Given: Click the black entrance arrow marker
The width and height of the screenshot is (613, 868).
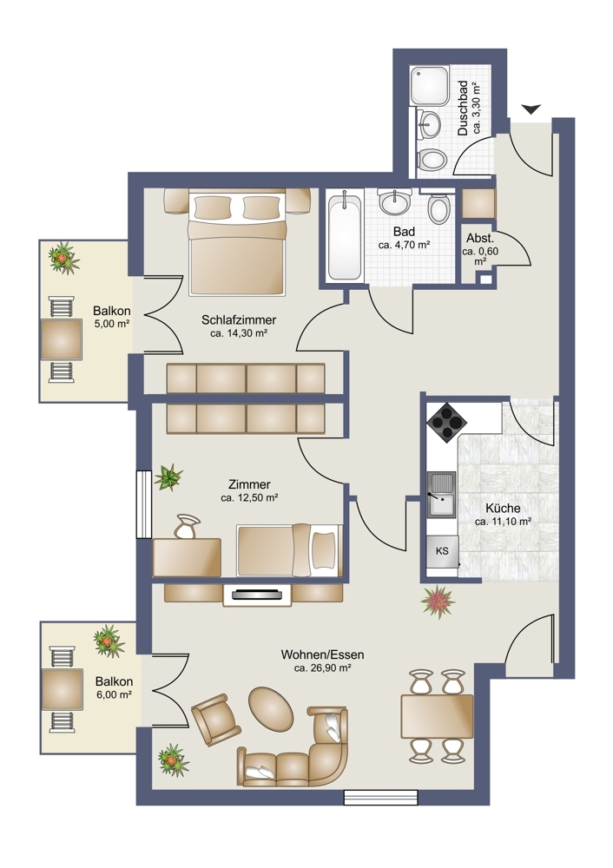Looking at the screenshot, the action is click(x=531, y=109).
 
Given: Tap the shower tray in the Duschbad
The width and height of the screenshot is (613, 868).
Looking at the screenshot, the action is click(x=429, y=85).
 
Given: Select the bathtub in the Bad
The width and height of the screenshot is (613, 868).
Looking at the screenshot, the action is click(x=345, y=236).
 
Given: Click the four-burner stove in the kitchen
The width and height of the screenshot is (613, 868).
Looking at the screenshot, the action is click(x=445, y=422).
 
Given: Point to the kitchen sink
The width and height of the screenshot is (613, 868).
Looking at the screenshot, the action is click(x=441, y=495).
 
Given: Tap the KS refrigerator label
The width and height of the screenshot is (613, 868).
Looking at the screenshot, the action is click(x=442, y=551).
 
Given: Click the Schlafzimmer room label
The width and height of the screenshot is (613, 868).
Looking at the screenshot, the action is click(x=239, y=319).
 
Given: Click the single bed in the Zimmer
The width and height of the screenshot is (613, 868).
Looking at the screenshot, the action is click(x=289, y=550).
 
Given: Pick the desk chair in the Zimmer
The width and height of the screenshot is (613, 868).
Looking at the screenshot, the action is click(x=188, y=526).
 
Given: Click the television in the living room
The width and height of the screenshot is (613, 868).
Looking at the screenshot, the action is click(x=258, y=595).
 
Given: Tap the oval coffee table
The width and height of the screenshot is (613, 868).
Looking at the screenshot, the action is click(x=271, y=709).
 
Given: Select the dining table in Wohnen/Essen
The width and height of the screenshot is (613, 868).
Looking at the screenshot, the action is click(x=438, y=716).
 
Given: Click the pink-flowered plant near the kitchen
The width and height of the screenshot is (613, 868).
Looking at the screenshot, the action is click(x=438, y=602).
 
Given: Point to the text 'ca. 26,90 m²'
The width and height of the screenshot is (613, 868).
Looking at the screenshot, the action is click(x=323, y=668).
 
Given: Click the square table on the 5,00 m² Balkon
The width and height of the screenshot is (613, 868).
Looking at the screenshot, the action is click(x=62, y=339).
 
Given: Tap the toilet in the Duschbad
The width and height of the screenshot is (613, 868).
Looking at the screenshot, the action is click(x=432, y=161).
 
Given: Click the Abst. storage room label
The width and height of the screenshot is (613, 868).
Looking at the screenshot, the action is click(x=480, y=239).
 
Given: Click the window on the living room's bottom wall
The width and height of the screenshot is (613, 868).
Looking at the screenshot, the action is click(x=380, y=797).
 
